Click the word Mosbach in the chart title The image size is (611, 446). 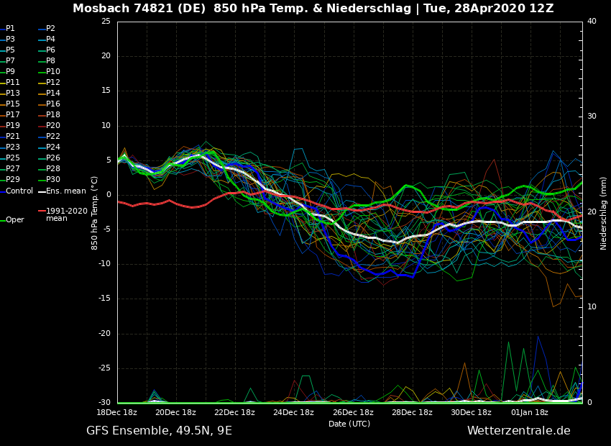pos(100,9)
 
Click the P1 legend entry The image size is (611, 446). pos(10,29)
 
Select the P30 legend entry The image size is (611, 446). pos(53,180)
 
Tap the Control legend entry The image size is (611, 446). pos(19,191)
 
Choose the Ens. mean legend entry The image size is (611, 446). pos(65,191)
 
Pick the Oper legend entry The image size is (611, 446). pos(14,220)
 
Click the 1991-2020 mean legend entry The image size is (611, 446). pos(66,214)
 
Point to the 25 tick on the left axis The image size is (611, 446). pos(106,22)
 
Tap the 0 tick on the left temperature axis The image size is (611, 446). pos(108,195)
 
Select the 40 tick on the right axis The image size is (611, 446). pos(592,22)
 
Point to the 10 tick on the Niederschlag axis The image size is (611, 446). pos(592,307)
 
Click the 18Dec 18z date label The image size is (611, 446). pos(116,412)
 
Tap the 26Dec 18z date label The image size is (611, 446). pos(353,412)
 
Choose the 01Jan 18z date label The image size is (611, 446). pos(530,412)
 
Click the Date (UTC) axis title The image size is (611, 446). pos(349,424)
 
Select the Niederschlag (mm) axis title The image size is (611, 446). pos(604,213)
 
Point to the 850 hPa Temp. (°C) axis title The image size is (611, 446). pos(95,213)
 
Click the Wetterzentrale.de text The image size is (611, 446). pos(518,431)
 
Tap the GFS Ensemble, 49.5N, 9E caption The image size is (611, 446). pos(159,431)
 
